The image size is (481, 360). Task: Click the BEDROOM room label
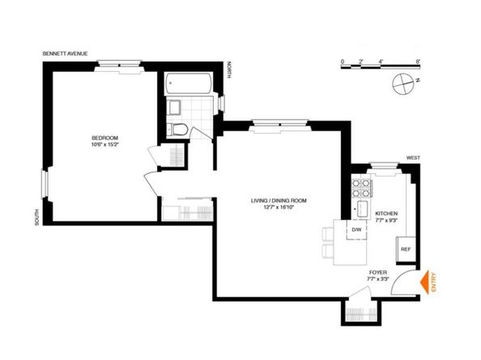tap(105, 138)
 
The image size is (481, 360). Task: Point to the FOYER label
tap(379, 273)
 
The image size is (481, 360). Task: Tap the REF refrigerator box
tap(406, 249)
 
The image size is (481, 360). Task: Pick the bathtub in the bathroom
tap(189, 85)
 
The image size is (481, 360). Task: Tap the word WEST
tap(413, 158)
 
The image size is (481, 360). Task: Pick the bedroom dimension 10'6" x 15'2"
tap(105, 147)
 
